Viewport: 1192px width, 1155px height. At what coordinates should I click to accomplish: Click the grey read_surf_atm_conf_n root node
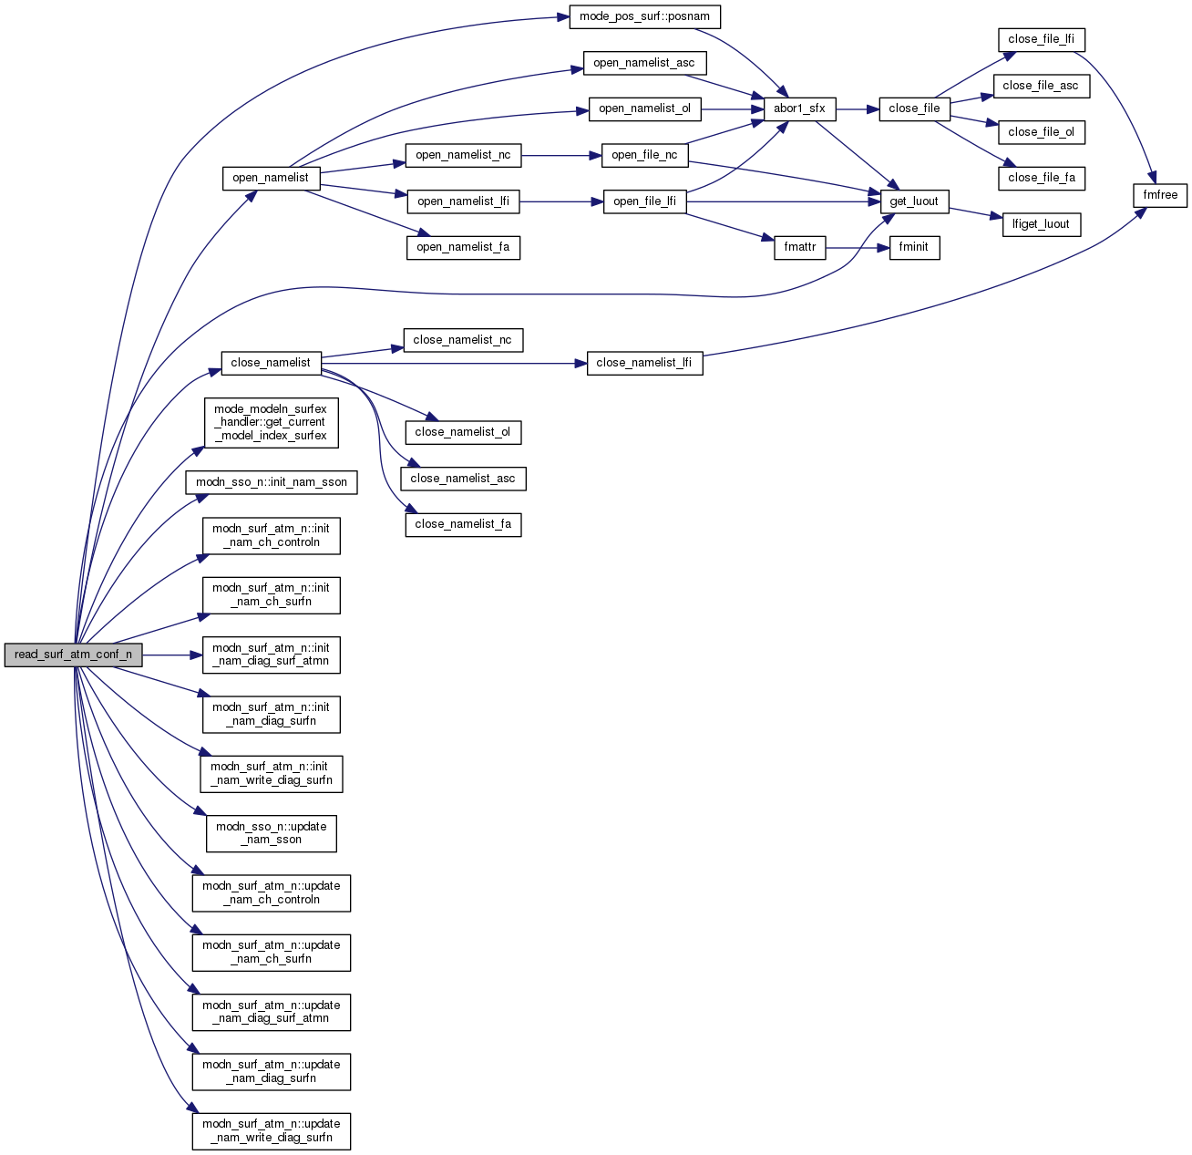click(x=73, y=655)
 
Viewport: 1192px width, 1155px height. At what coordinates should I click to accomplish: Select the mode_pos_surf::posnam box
click(x=644, y=16)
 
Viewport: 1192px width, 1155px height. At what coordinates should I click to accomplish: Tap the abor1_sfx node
click(x=799, y=108)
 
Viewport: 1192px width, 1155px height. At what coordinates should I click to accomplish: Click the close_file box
click(x=914, y=108)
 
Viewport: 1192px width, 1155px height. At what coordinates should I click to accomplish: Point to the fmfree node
click(x=1160, y=195)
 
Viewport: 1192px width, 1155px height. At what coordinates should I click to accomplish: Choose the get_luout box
click(x=914, y=201)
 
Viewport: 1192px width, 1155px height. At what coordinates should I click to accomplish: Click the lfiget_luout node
click(x=1041, y=224)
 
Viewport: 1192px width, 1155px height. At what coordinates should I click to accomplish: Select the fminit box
click(x=914, y=247)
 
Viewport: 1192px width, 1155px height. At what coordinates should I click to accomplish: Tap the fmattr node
click(x=799, y=247)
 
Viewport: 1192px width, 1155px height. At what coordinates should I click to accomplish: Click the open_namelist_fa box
click(x=463, y=247)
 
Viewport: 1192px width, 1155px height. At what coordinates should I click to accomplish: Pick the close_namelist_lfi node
click(x=644, y=363)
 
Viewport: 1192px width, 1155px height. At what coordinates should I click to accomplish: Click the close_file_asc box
click(x=1041, y=86)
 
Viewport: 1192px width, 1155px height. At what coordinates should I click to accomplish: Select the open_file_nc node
click(x=644, y=155)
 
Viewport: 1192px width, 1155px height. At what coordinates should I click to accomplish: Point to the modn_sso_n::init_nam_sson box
click(x=272, y=482)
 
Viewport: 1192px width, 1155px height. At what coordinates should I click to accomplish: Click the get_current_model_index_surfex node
click(x=271, y=422)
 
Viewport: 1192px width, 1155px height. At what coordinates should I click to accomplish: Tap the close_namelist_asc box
click(x=463, y=479)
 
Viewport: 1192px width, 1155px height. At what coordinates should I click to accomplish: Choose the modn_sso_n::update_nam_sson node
click(x=272, y=833)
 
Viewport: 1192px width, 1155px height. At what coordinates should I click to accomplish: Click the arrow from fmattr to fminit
click(x=858, y=247)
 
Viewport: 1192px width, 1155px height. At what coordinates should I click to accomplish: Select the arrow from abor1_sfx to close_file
click(x=858, y=108)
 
